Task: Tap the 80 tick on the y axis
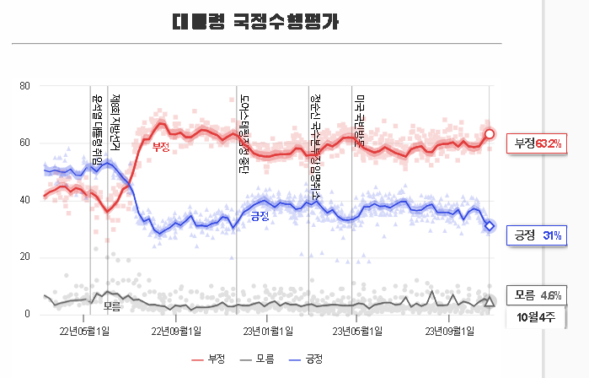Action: [24, 86]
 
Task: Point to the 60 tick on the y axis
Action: [24, 143]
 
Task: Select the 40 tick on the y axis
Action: [24, 201]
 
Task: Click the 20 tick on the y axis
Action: [24, 257]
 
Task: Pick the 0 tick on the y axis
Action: [27, 315]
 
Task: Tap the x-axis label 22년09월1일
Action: [175, 330]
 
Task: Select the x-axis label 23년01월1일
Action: [266, 330]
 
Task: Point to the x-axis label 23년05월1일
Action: [356, 330]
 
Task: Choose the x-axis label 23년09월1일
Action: [447, 330]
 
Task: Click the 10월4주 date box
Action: [537, 317]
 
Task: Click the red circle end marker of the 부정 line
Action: [490, 134]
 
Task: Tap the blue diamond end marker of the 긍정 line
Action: [490, 225]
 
